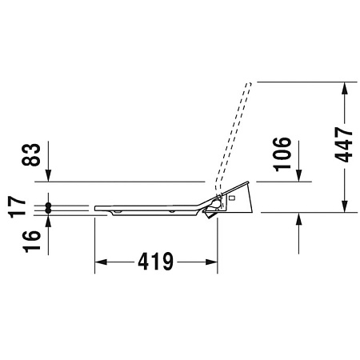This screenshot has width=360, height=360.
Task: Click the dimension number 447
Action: (x=344, y=144)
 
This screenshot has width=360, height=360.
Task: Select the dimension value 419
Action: (x=156, y=262)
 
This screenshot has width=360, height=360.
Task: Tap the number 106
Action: (x=282, y=154)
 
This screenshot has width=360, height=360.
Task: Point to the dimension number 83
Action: (x=31, y=154)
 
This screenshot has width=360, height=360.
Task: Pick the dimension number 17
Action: (x=18, y=207)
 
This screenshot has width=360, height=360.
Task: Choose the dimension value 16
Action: (x=31, y=242)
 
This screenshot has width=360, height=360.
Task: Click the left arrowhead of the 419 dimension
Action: (x=101, y=262)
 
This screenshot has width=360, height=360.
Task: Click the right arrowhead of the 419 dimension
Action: (x=211, y=262)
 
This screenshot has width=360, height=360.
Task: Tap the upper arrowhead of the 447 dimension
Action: (x=344, y=88)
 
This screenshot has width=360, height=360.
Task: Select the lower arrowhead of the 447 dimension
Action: (x=344, y=206)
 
